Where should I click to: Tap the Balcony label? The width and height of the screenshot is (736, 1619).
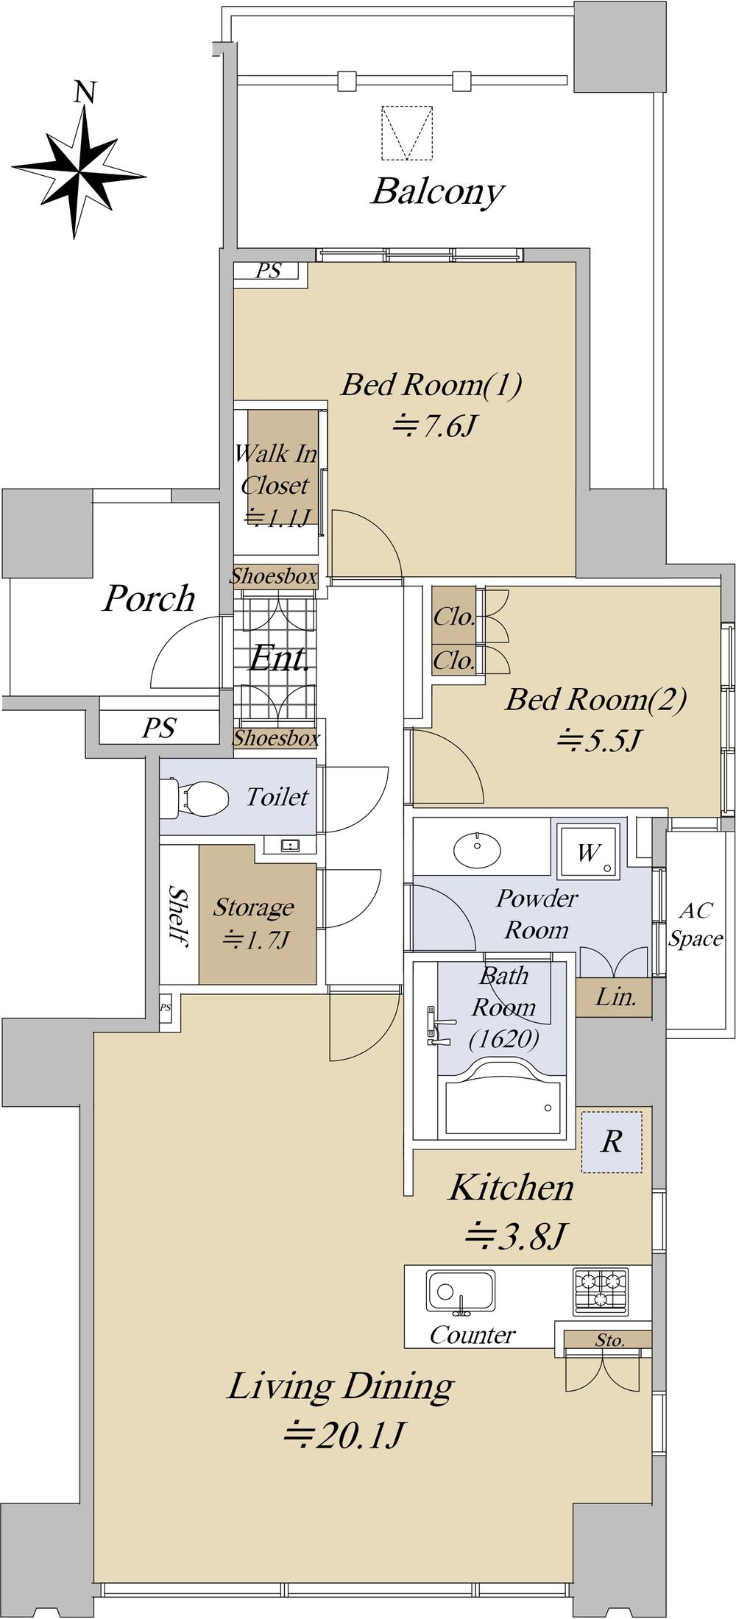coord(437,191)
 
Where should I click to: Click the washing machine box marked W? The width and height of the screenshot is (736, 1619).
coord(588,851)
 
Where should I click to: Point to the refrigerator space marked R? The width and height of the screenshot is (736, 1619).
coord(612,1142)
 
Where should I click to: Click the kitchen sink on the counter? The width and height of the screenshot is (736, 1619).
coord(460,1292)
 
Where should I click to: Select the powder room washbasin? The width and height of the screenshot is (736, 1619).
coord(479,852)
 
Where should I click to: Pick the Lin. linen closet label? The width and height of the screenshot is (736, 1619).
coord(615,998)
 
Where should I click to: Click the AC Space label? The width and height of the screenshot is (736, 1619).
coord(696,924)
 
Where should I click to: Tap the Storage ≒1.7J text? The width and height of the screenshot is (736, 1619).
coord(253,923)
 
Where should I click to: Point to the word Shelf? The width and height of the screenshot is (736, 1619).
coord(178,915)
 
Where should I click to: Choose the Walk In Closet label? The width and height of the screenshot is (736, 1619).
coord(275,485)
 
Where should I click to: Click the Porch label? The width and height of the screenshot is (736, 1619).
coord(149,599)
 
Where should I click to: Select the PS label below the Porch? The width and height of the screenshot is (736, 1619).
coord(159,728)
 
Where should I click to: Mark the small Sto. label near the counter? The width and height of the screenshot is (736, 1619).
coord(610,1341)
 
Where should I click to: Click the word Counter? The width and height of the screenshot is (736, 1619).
coord(472,1335)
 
